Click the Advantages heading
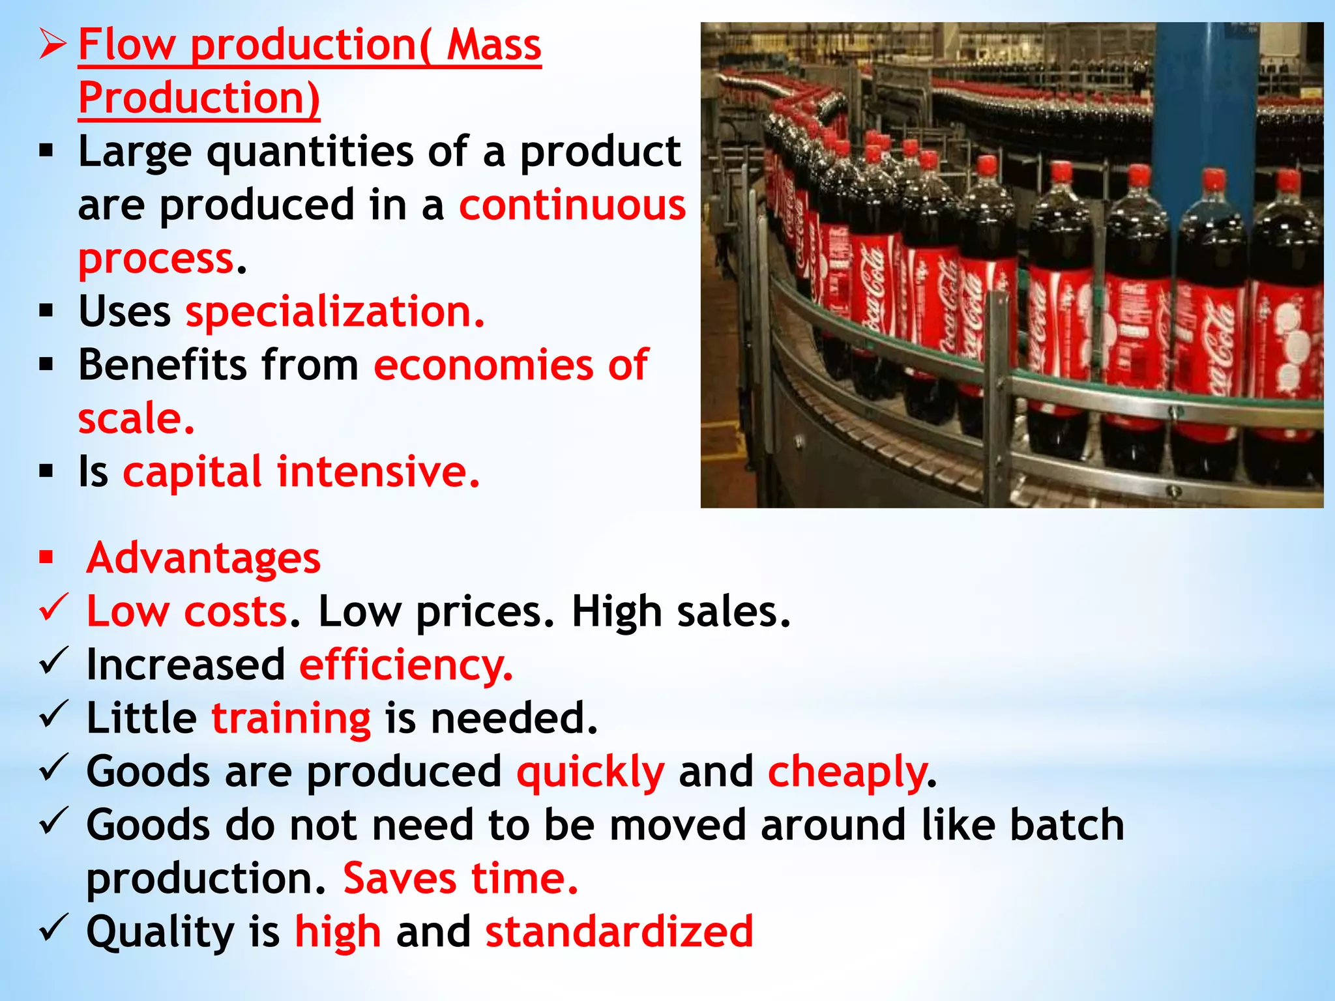(x=203, y=559)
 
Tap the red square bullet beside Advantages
(x=46, y=557)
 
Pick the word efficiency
(x=405, y=665)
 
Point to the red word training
(x=291, y=719)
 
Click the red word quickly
(x=590, y=772)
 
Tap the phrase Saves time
(x=460, y=878)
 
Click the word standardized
(x=619, y=932)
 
